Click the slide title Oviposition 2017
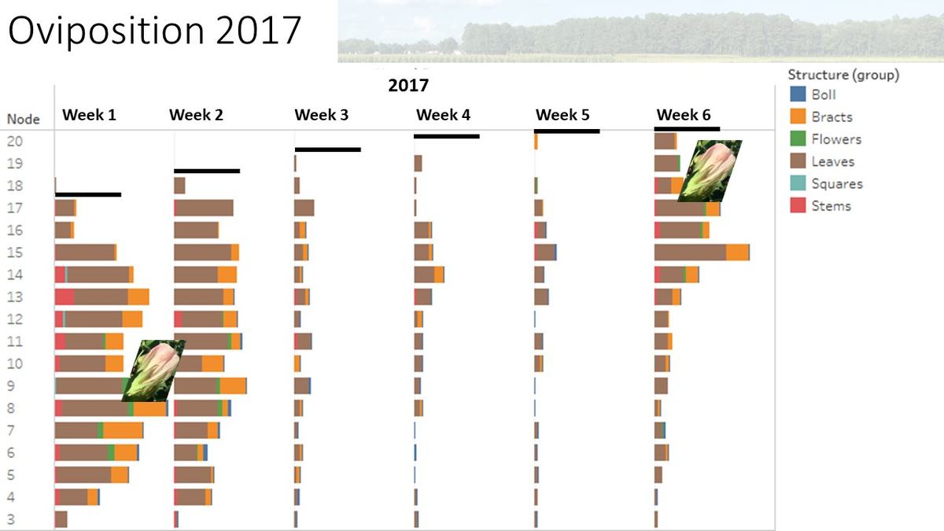pos(155,31)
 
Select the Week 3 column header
pos(321,115)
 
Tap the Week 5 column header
pos(562,115)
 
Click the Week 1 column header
pos(89,115)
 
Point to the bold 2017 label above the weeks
pos(408,85)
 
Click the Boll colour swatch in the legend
pos(797,94)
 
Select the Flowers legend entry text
pos(836,139)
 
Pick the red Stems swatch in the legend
pos(797,206)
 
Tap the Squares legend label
pos(837,184)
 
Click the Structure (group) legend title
pos(843,75)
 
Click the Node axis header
pos(23,120)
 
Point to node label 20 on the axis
pos(15,142)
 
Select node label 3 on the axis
pos(11,519)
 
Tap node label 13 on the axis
pos(15,297)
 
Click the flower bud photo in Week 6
pos(710,171)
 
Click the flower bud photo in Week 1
pos(153,371)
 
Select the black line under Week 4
pos(446,136)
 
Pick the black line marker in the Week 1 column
pos(88,194)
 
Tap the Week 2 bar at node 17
pos(203,208)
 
